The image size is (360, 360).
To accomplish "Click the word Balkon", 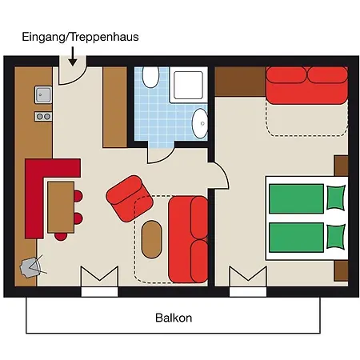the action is [174, 318].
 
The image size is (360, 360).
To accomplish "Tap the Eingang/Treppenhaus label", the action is [80, 37].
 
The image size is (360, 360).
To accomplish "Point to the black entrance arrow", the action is [72, 56].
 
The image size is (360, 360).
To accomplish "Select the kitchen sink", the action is [43, 94].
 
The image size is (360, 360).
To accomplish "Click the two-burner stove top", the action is [43, 116].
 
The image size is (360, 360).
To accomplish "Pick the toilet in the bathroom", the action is [150, 77].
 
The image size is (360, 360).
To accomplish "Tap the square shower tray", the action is [188, 85].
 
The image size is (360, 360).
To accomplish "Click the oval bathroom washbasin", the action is [200, 123].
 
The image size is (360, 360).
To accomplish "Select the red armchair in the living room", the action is [130, 198].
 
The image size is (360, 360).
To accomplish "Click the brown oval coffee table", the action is [151, 239].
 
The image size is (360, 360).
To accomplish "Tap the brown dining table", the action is [61, 207].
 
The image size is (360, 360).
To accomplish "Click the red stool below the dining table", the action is [61, 237].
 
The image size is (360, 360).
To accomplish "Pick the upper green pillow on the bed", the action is [336, 198].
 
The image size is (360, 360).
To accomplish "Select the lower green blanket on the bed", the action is [297, 238].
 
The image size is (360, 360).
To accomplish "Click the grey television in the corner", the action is [30, 267].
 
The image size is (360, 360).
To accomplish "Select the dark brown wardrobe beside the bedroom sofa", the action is [241, 82].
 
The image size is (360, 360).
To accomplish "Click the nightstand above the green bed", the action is [342, 166].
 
